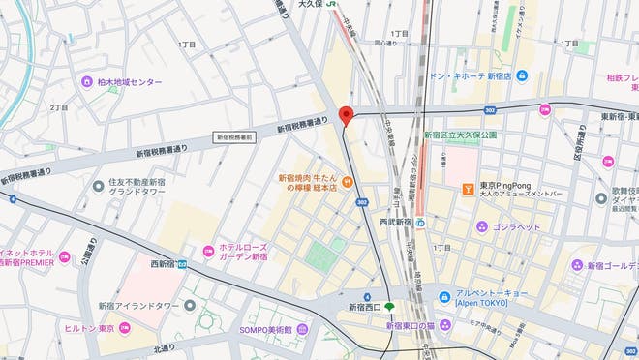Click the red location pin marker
point(347,111)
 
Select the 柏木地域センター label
point(122,81)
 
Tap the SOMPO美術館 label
point(265,329)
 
